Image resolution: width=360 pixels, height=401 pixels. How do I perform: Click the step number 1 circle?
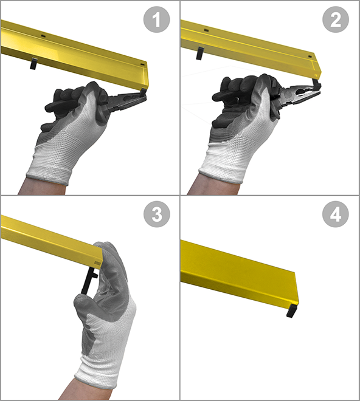[156, 19]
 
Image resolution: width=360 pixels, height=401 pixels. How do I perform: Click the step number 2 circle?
[336, 19]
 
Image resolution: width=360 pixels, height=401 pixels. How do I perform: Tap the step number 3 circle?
[156, 214]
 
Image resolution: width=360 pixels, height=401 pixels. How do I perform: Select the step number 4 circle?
[336, 214]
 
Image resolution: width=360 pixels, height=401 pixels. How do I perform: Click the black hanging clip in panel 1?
[33, 64]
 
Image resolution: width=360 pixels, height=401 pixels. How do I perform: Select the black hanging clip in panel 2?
[200, 53]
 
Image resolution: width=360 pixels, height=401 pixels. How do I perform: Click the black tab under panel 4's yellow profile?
[292, 310]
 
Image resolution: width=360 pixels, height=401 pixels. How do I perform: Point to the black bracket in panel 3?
[89, 280]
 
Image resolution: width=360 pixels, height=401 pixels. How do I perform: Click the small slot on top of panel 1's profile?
[43, 36]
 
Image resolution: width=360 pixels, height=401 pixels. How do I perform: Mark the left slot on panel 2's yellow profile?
[206, 30]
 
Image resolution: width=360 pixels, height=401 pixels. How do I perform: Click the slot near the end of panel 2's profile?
[311, 57]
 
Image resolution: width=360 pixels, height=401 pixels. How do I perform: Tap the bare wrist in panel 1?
[42, 186]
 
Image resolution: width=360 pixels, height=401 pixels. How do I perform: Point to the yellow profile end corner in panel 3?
[102, 261]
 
